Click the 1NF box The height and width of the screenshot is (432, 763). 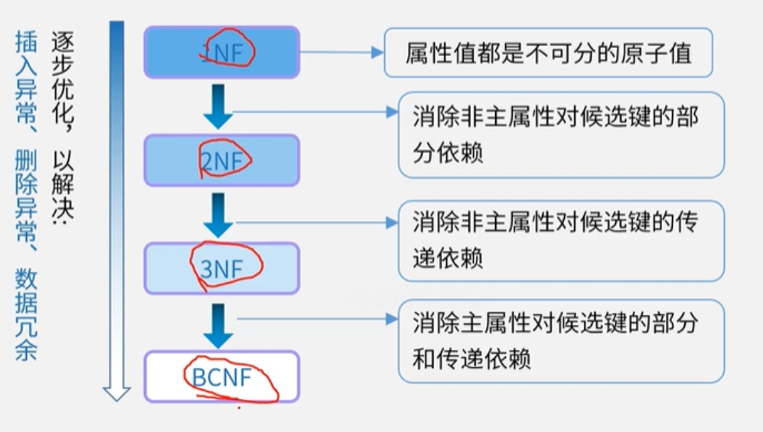coord(221,52)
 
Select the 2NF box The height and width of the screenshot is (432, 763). coord(221,160)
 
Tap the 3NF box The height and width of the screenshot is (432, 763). coord(221,268)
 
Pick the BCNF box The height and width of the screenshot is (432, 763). coord(221,376)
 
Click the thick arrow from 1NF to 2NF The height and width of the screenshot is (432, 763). coord(218,106)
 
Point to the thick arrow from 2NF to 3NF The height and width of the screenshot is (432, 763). coord(218,215)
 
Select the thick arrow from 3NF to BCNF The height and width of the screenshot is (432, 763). coord(218,325)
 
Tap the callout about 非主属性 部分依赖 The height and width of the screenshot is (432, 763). coord(561,135)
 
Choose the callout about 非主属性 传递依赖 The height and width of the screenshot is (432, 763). coord(561,240)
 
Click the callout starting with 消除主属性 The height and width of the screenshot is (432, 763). coord(561,340)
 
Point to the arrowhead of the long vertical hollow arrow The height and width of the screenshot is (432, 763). coord(117,392)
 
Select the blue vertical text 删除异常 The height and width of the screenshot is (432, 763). coord(26,188)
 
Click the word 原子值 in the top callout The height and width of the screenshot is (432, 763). coord(658,53)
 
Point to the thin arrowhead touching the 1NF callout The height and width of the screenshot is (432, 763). coord(377,52)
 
